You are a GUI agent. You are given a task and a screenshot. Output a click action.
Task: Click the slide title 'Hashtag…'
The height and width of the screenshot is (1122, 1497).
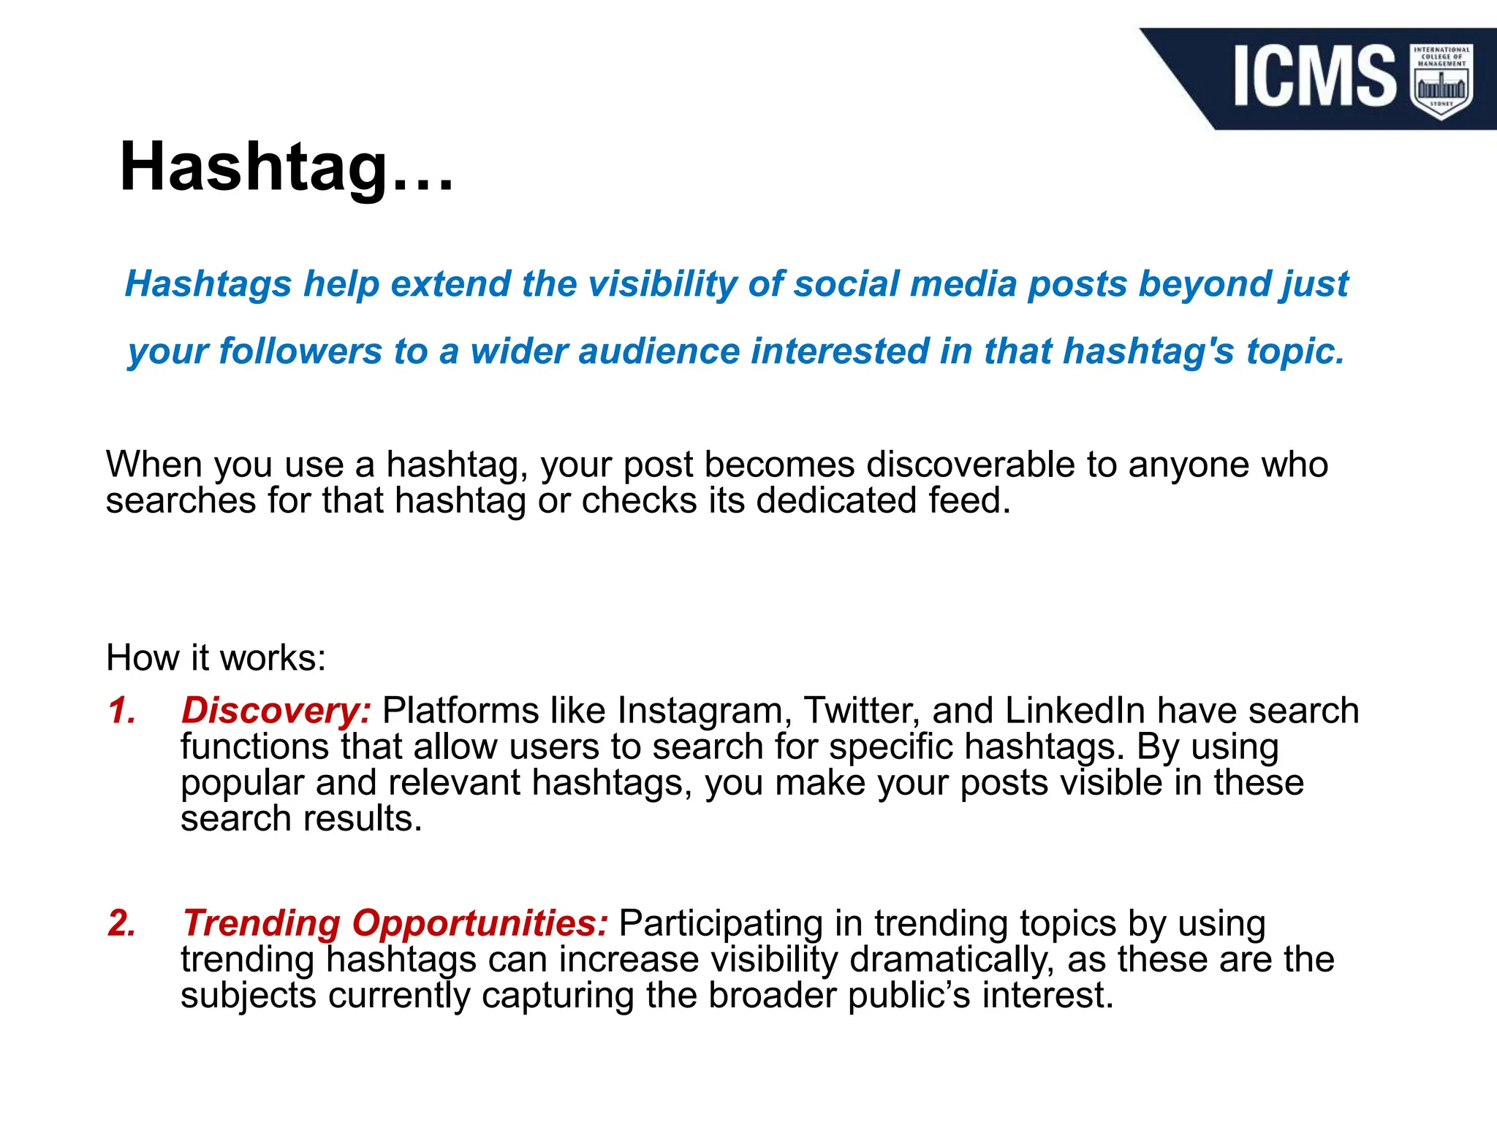287,168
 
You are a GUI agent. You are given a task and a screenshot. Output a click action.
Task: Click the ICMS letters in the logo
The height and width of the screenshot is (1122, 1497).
1314,76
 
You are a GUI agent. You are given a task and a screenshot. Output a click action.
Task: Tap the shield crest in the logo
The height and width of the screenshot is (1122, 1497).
1441,80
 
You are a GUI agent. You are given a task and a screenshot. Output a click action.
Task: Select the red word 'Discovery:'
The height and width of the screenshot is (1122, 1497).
276,710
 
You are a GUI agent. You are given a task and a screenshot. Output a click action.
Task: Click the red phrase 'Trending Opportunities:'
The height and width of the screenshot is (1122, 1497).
395,923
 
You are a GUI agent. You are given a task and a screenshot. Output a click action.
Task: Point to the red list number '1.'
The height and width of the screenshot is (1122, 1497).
122,710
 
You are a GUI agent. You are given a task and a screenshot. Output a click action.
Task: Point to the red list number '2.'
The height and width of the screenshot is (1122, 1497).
122,923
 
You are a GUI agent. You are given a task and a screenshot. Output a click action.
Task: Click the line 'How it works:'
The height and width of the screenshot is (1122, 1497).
216,657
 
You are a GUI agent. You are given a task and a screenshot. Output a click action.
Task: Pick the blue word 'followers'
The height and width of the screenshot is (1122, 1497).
300,351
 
